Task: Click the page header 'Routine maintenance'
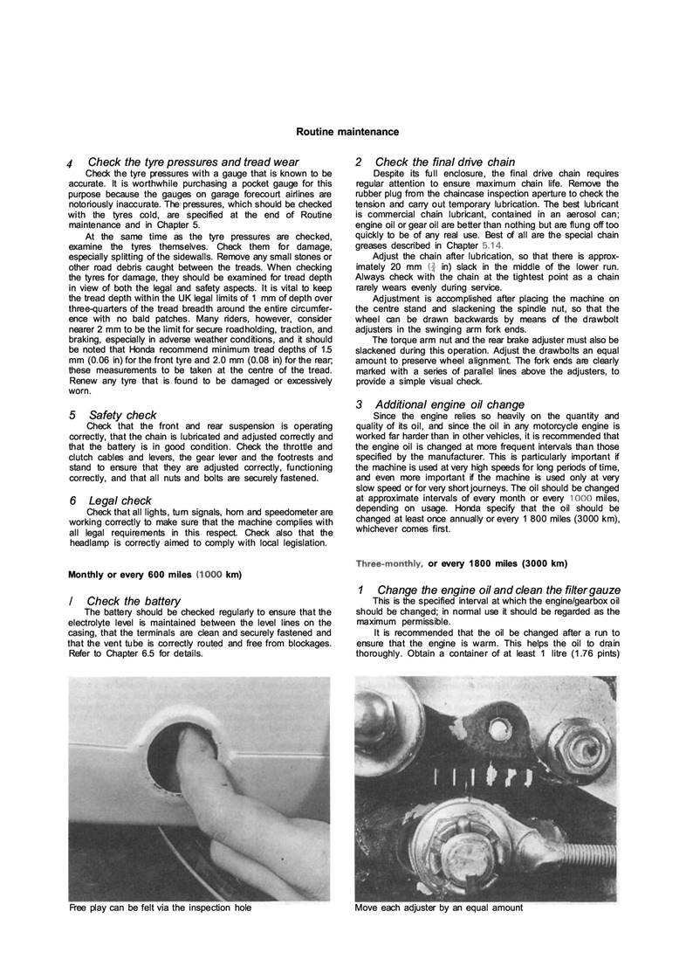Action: tap(347, 132)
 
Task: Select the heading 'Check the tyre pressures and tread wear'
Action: tap(193, 162)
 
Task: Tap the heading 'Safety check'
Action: tap(123, 415)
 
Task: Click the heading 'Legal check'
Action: tap(120, 500)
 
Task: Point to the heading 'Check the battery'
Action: tap(134, 601)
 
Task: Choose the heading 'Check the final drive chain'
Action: tap(444, 162)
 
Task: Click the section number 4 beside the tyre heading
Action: tap(70, 163)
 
